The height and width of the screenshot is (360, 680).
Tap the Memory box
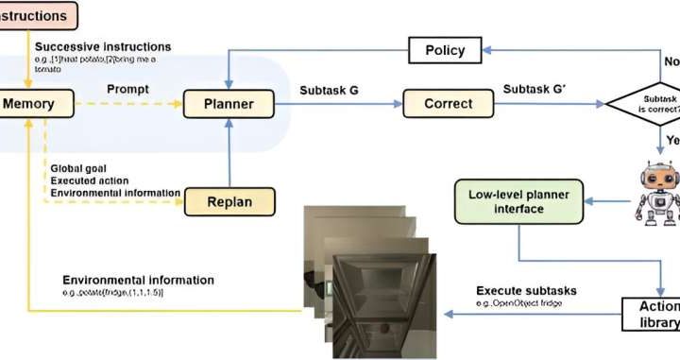coord(28,103)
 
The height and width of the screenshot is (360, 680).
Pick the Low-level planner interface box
coord(518,202)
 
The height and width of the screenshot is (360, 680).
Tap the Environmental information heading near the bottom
coord(138,281)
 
